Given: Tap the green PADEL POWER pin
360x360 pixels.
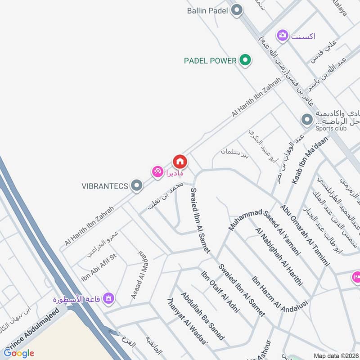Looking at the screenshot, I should [245, 60].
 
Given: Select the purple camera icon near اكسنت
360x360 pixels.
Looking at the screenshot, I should [283, 35].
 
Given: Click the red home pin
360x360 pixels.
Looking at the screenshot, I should [180, 161].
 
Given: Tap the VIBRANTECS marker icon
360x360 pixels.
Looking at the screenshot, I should [136, 185].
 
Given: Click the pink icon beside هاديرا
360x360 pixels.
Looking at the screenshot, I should [157, 171].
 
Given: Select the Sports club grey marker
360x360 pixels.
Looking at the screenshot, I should [307, 120].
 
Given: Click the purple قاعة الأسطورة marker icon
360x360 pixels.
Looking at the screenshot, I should [108, 298].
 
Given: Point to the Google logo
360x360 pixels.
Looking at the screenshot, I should [19, 353].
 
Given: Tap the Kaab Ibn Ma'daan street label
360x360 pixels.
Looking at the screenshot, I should [310, 160].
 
